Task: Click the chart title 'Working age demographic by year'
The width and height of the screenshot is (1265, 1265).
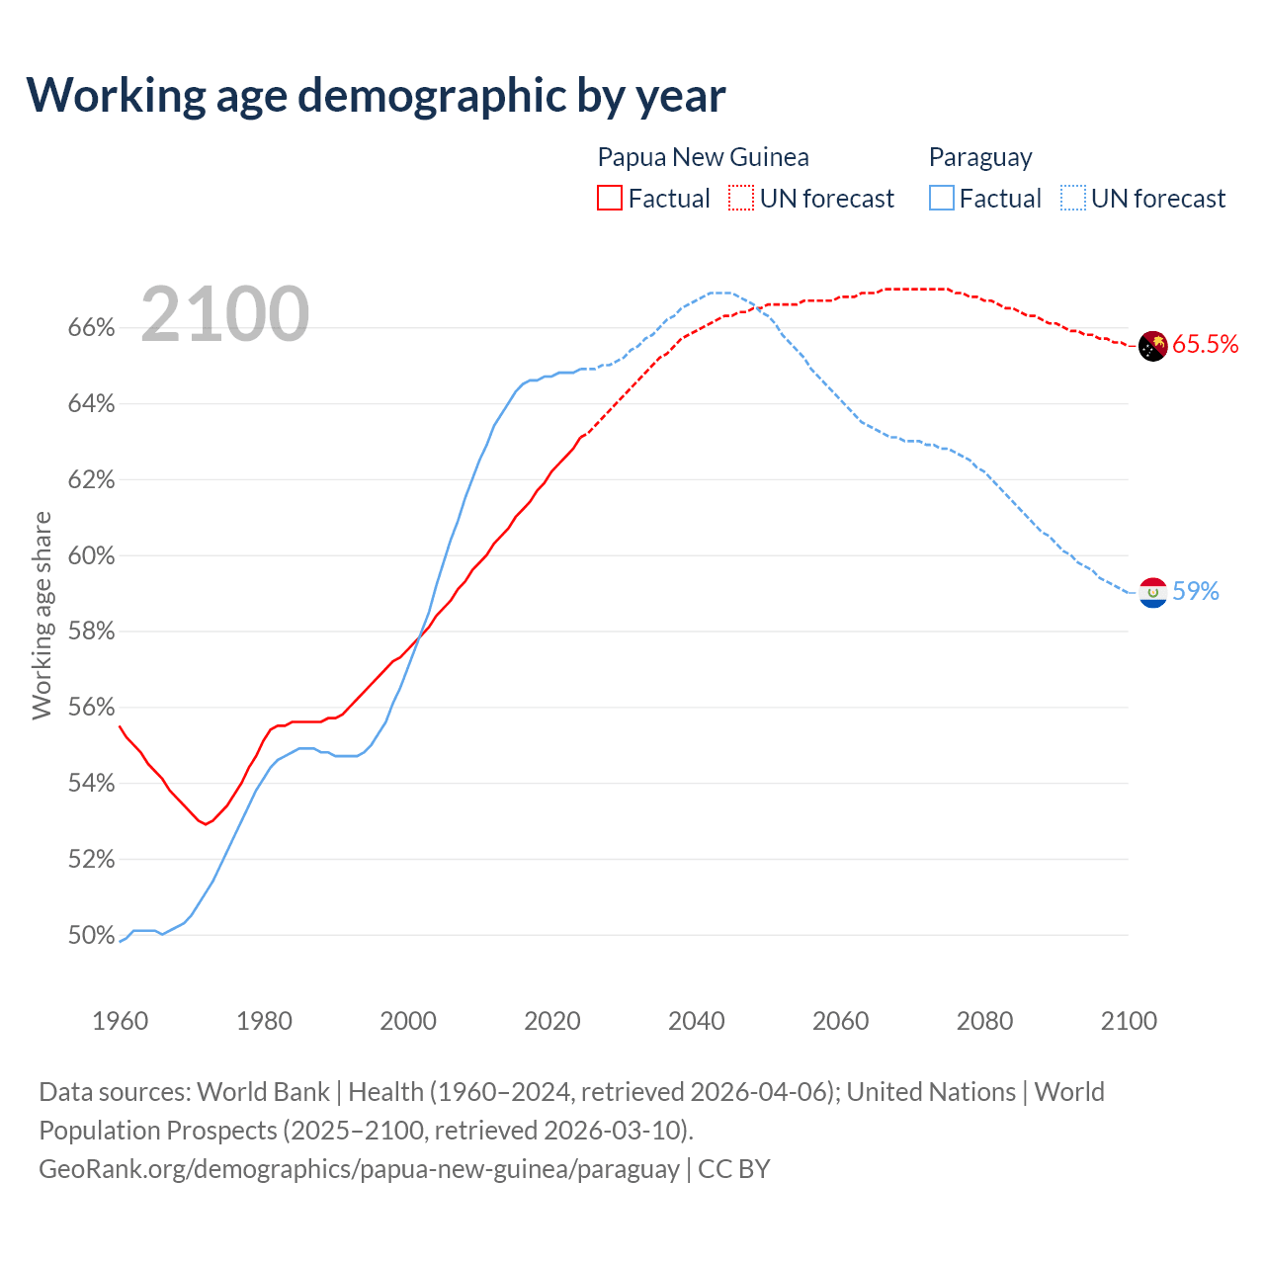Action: coord(376,95)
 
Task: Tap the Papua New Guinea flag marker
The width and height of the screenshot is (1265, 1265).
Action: coord(1152,346)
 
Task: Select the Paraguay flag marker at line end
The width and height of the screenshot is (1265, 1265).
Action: coord(1152,592)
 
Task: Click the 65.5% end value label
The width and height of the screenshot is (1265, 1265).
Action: coord(1205,344)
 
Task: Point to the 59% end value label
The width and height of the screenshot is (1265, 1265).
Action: coord(1196,591)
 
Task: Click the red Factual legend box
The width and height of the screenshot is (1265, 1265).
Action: coord(610,199)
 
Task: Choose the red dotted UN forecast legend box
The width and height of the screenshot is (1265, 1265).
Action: coord(741,199)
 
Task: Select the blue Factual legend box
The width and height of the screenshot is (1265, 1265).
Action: coord(942,199)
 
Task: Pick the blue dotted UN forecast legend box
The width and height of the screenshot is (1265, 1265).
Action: coord(1072,199)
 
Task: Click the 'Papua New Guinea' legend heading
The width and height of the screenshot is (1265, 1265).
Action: coord(703,157)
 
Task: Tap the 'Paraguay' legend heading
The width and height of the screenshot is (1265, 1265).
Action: coord(980,157)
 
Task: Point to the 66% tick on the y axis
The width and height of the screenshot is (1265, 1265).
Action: coord(91,328)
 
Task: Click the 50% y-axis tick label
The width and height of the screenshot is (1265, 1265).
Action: coord(91,935)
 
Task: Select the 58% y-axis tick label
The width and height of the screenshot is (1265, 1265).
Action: coord(91,632)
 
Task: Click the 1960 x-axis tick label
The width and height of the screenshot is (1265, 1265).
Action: coord(120,1021)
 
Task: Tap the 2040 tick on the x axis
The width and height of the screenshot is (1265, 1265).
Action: coord(696,1021)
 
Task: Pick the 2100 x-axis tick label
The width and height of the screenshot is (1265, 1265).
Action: coord(1128,1021)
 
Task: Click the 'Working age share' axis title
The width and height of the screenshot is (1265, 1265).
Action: coord(42,615)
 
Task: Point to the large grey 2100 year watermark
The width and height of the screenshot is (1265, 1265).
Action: coord(225,314)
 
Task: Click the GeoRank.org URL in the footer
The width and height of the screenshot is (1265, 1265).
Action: coord(359,1169)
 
